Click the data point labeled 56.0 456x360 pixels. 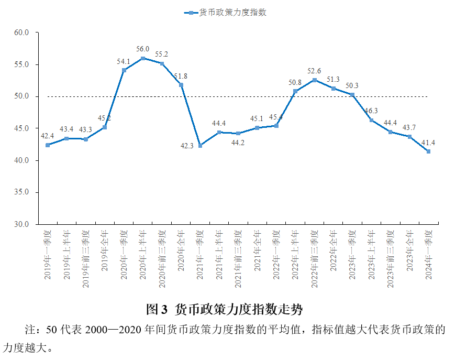point(143,58)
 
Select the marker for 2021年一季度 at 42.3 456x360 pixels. point(200,146)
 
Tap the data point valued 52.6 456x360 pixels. point(314,80)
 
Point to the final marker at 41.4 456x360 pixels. point(428,151)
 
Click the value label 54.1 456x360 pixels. point(124,61)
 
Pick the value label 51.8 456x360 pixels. point(181,76)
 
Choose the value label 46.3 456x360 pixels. point(371,111)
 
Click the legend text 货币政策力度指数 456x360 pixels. point(233,13)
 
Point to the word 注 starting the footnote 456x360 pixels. point(30,330)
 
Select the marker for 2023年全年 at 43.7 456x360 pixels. point(409,137)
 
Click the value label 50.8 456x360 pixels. point(295,82)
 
